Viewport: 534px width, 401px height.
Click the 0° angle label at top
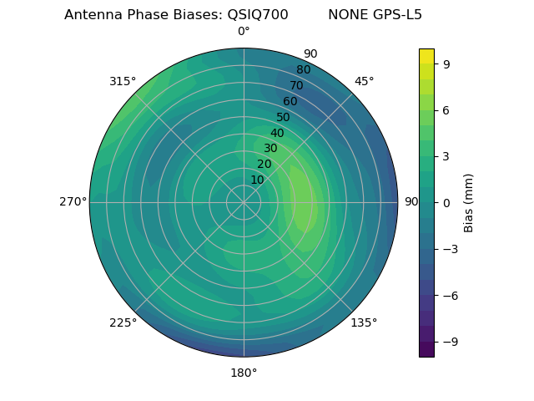pyautogui.click(x=244, y=32)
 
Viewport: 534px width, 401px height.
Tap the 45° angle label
pyautogui.click(x=364, y=81)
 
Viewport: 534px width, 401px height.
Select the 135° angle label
pyautogui.click(x=364, y=322)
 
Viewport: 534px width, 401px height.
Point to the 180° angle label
pyautogui.click(x=244, y=373)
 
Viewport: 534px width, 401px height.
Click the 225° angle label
pyautogui.click(x=123, y=322)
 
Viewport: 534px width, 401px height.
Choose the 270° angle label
pyautogui.click(x=73, y=202)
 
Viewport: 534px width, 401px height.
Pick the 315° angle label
pyautogui.click(x=123, y=81)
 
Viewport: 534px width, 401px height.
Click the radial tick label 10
pyautogui.click(x=257, y=180)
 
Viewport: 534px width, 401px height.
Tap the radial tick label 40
pyautogui.click(x=277, y=133)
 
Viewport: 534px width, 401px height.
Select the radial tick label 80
pyautogui.click(x=303, y=69)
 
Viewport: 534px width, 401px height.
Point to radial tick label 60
pyautogui.click(x=290, y=101)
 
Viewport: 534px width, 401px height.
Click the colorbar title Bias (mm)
pyautogui.click(x=469, y=202)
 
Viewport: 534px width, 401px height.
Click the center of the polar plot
pyautogui.click(x=244, y=202)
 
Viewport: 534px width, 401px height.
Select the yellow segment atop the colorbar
pyautogui.click(x=426, y=56)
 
